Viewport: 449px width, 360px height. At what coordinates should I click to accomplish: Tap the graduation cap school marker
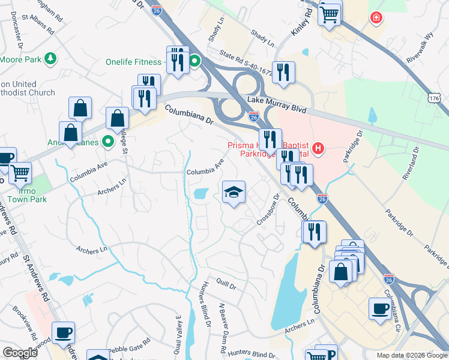[x=234, y=192]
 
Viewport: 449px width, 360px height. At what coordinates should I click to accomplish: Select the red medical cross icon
[x=376, y=18]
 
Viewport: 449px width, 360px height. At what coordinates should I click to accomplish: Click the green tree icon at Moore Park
[x=52, y=58]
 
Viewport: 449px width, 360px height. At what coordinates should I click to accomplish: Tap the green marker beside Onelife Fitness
[x=195, y=61]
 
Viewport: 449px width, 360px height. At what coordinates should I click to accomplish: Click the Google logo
[x=20, y=353]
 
